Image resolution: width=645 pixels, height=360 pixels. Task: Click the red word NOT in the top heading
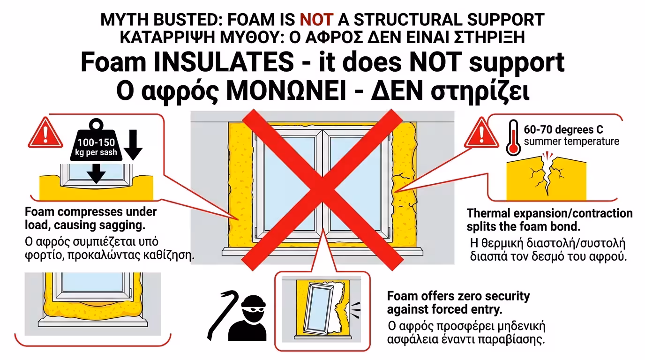pos(316,20)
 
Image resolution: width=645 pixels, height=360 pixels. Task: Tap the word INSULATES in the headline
pos(224,62)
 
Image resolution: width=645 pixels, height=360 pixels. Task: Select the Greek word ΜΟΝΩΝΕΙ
pos(286,91)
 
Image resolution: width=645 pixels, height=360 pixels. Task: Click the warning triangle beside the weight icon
pos(45,133)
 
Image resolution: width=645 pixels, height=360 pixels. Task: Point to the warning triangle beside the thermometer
pos(481,133)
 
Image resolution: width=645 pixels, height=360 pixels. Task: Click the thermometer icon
pos(513,138)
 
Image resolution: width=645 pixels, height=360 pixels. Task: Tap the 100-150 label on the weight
pos(96,142)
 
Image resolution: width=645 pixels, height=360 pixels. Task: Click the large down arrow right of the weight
pos(133,145)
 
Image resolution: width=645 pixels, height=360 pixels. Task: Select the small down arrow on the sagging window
pos(96,173)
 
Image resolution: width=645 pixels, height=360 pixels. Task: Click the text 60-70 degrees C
pos(563,130)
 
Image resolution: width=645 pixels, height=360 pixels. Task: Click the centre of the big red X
pos(322,190)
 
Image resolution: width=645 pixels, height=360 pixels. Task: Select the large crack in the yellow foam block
pos(547,175)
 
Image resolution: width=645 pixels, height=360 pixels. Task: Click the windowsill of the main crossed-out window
pos(322,251)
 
